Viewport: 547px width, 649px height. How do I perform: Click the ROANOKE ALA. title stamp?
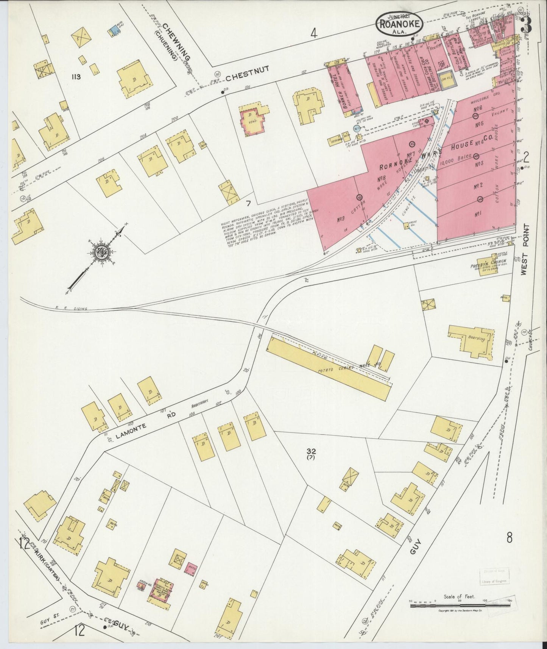399,23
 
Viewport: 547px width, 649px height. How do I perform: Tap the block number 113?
76,77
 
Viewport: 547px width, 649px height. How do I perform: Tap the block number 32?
311,451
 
